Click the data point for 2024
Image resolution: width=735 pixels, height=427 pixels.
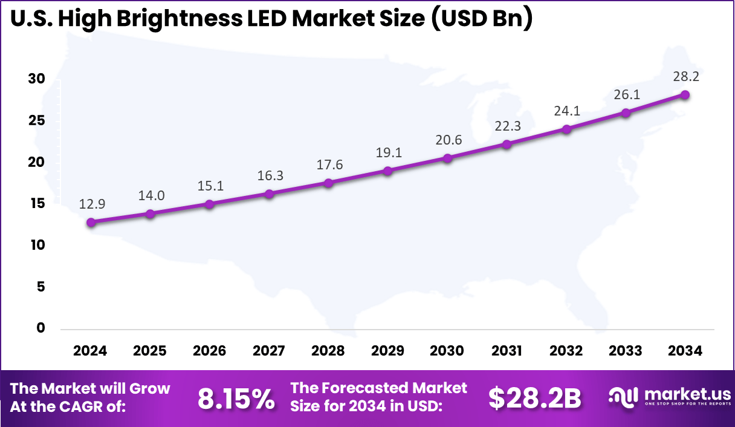[91, 223]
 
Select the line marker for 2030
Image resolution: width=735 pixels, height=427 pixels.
[447, 158]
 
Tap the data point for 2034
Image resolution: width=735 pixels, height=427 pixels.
[685, 95]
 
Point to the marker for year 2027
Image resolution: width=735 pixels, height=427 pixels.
[269, 194]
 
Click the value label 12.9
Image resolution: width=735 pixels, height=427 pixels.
[91, 205]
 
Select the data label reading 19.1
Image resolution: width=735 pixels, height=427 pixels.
[388, 153]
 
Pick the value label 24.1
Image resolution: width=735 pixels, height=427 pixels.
[566, 111]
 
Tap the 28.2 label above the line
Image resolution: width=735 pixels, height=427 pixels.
[685, 77]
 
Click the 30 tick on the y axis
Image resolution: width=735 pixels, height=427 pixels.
[36, 79]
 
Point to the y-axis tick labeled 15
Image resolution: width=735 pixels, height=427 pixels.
[36, 204]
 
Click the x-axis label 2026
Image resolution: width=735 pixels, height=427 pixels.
[209, 351]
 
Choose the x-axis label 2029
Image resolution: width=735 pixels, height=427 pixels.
[388, 351]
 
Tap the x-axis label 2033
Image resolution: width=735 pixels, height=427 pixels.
[626, 351]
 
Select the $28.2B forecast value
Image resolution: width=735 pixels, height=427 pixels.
[534, 398]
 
